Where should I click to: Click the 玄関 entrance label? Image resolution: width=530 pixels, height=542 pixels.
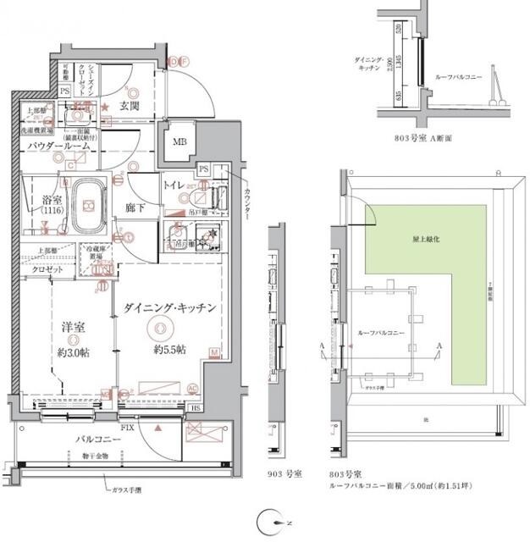130,106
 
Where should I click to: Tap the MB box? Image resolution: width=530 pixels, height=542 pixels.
179,142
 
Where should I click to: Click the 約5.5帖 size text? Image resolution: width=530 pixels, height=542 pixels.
169,348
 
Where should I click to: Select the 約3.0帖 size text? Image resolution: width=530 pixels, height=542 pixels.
75,351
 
